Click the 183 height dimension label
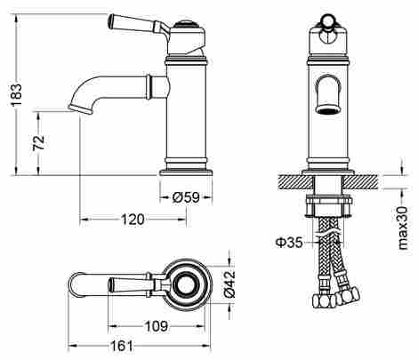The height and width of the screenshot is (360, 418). [x=17, y=95]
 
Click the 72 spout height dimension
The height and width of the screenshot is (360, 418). [x=39, y=143]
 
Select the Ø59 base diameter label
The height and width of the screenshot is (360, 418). [x=186, y=197]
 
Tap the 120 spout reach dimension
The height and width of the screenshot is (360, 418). [x=133, y=220]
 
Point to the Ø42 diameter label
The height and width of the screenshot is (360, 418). [x=229, y=284]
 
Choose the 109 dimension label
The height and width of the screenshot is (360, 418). [x=157, y=326]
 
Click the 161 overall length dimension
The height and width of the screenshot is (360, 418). [x=122, y=346]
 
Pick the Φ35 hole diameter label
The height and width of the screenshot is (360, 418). [x=289, y=243]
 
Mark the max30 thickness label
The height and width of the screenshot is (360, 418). [x=403, y=228]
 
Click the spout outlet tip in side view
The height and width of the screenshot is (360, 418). [x=80, y=109]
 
